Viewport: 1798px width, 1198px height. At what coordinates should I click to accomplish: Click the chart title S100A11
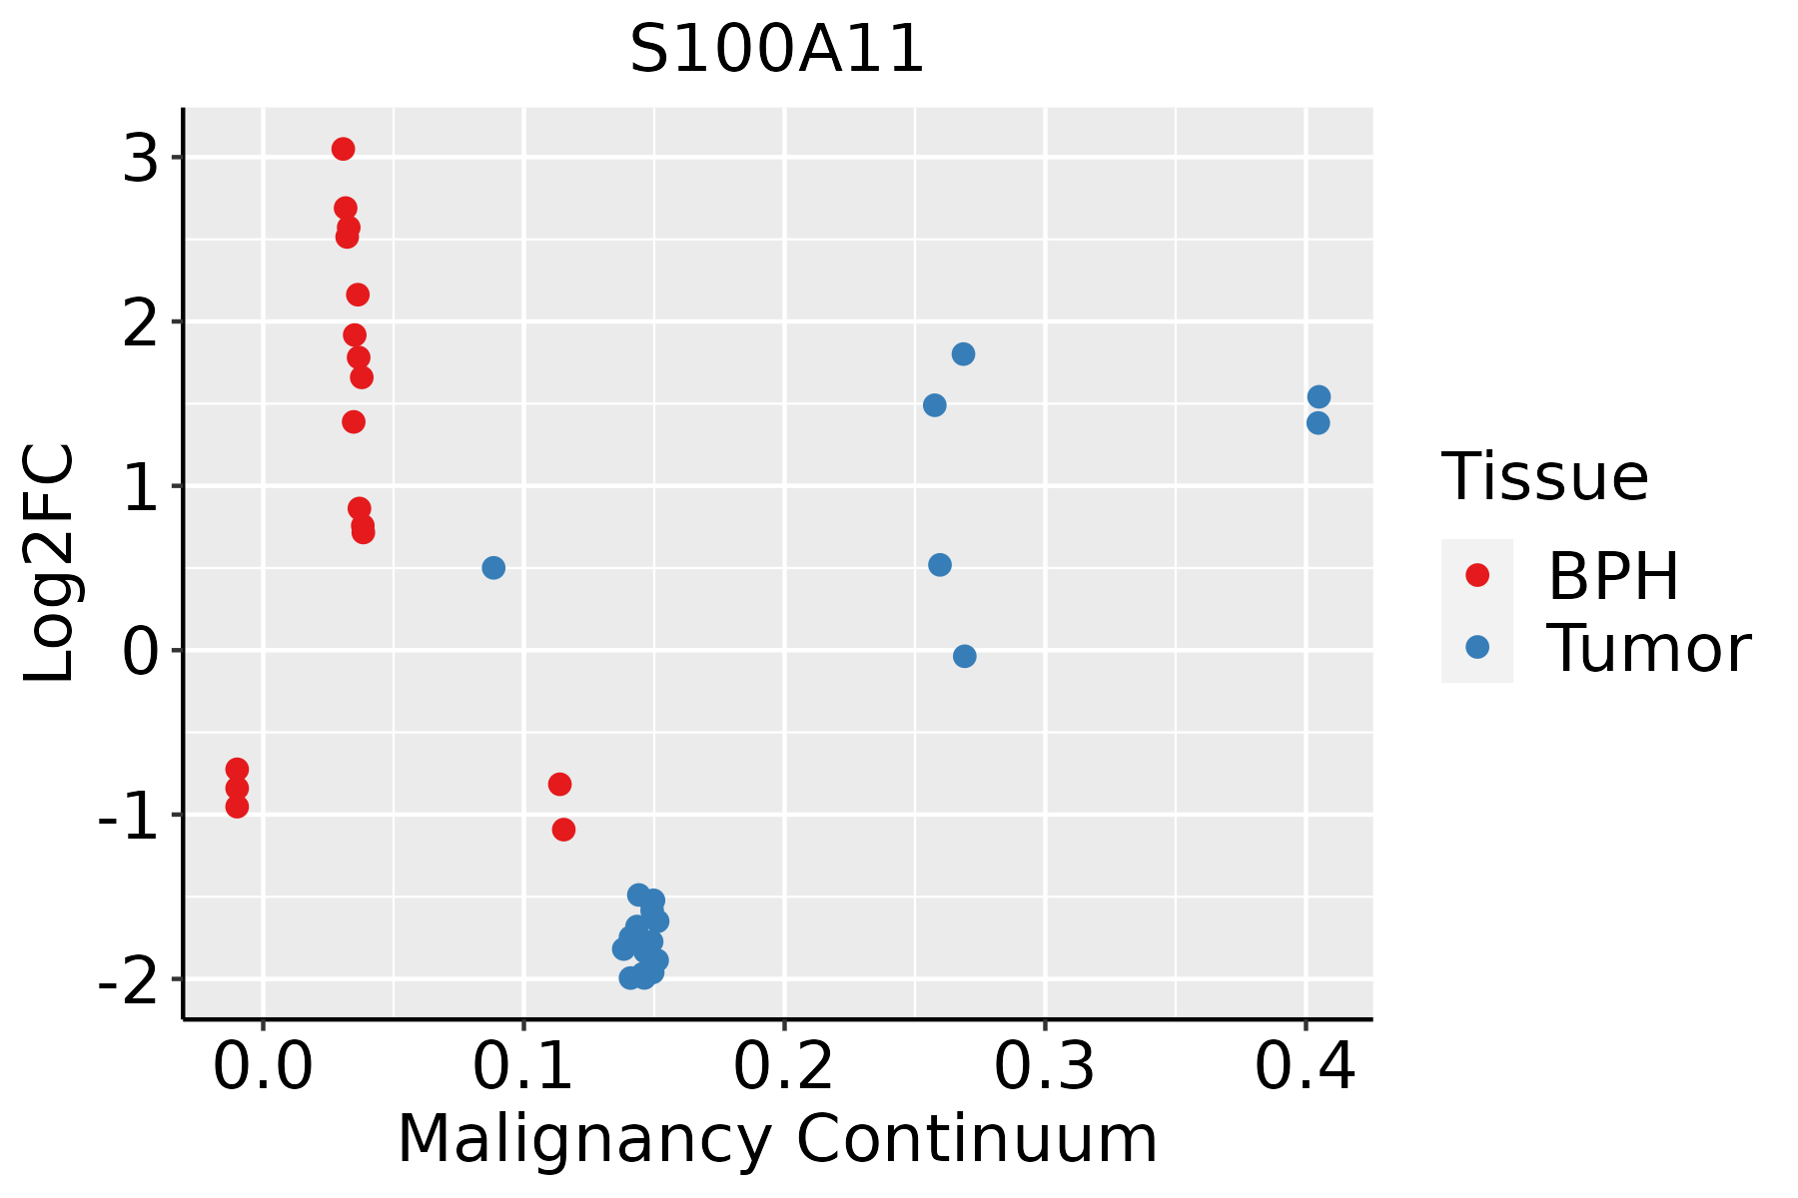pyautogui.click(x=777, y=50)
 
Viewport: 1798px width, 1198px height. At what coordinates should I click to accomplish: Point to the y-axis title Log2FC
pyautogui.click(x=50, y=564)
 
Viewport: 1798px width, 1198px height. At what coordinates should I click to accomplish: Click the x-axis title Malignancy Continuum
pyautogui.click(x=777, y=1139)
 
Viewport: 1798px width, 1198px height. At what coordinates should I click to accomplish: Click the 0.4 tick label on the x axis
pyautogui.click(x=1305, y=1067)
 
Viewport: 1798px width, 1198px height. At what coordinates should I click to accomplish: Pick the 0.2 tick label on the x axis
pyautogui.click(x=783, y=1067)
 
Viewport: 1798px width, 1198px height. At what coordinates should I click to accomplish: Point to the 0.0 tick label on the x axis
pyautogui.click(x=263, y=1067)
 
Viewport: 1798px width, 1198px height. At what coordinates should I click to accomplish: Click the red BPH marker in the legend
pyautogui.click(x=1476, y=575)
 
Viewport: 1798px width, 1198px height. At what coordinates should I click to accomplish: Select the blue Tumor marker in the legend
pyautogui.click(x=1476, y=647)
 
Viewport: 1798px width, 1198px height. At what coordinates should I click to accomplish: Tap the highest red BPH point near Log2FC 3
pyautogui.click(x=343, y=149)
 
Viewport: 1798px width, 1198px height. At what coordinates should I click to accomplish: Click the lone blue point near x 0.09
pyautogui.click(x=493, y=568)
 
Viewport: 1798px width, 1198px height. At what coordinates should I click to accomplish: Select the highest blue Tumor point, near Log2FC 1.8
pyautogui.click(x=963, y=354)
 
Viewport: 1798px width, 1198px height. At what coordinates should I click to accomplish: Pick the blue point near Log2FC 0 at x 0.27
pyautogui.click(x=964, y=656)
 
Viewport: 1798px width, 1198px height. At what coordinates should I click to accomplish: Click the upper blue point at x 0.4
pyautogui.click(x=1319, y=397)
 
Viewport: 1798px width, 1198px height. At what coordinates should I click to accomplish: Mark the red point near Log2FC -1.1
pyautogui.click(x=563, y=830)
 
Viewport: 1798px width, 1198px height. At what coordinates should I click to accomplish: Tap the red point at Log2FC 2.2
pyautogui.click(x=358, y=295)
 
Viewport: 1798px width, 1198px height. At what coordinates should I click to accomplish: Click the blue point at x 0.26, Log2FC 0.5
pyautogui.click(x=940, y=565)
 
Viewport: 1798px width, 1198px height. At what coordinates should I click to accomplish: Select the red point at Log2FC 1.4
pyautogui.click(x=354, y=422)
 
